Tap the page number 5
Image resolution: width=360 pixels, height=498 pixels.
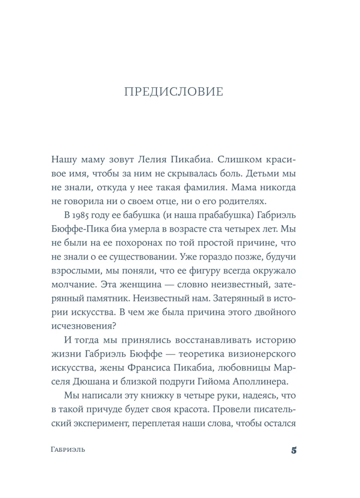click(x=294, y=451)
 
